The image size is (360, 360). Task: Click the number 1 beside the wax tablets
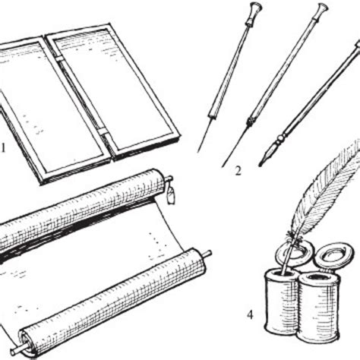(2, 148)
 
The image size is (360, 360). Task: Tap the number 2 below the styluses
(238, 171)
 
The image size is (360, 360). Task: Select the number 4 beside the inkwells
(250, 315)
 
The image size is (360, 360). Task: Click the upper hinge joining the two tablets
(59, 58)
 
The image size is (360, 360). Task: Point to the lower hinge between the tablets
(103, 131)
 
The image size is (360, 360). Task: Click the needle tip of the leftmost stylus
(198, 152)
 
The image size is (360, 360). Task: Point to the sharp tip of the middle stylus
(223, 166)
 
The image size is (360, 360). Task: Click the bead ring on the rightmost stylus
(279, 139)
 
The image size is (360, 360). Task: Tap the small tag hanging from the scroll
(172, 196)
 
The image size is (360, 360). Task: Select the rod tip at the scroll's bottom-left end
(13, 352)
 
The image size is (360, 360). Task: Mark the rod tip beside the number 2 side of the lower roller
(209, 253)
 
